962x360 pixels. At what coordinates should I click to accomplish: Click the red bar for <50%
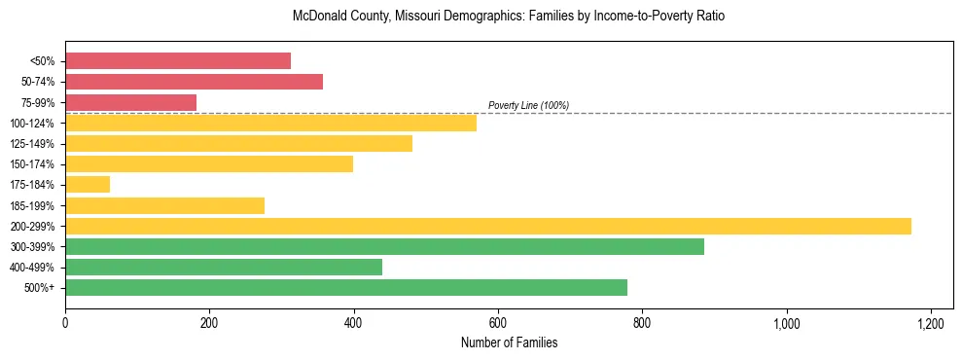pos(178,60)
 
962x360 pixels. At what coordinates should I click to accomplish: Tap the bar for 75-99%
pos(130,102)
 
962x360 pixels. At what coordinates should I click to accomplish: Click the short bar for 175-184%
pos(88,184)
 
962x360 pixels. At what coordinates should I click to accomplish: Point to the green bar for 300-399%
pos(384,246)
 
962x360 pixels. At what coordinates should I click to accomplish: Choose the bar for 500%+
pos(346,287)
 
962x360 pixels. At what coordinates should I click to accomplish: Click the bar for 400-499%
pos(224,267)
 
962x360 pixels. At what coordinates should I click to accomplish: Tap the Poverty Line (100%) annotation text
pos(528,105)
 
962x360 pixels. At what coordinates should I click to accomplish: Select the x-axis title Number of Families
pos(509,342)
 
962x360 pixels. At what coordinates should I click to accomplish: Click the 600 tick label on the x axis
pos(497,322)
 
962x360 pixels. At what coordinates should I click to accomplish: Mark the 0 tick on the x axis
pos(65,322)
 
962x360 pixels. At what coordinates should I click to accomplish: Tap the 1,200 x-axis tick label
pos(931,322)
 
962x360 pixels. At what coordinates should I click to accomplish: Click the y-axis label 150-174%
pos(32,164)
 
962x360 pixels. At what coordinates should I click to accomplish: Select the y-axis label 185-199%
pos(32,205)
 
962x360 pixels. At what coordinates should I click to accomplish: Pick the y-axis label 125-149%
pos(32,144)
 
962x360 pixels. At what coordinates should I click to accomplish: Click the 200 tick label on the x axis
pos(209,322)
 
